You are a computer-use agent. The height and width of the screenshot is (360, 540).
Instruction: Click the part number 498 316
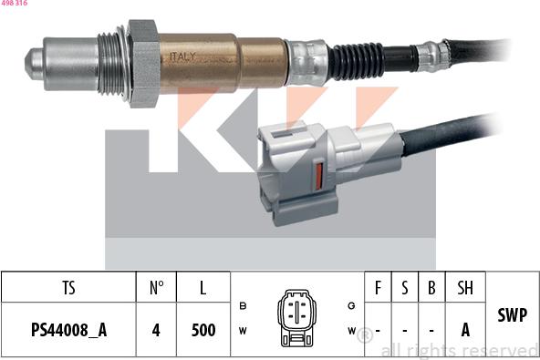click(14, 4)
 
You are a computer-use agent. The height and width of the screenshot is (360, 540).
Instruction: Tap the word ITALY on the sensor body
click(182, 57)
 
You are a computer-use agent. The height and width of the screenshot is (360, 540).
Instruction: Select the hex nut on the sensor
click(143, 62)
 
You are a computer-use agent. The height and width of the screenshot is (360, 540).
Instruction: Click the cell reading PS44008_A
click(68, 330)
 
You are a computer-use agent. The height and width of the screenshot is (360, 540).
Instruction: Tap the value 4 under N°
click(156, 330)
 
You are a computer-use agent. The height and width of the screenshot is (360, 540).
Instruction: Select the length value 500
click(202, 330)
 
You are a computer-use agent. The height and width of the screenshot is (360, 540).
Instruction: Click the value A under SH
click(465, 330)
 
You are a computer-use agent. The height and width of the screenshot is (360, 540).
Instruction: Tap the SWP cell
click(512, 315)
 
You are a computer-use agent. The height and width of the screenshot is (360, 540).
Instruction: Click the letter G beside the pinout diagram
click(351, 305)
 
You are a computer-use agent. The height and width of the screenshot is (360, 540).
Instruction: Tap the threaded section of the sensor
click(111, 62)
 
